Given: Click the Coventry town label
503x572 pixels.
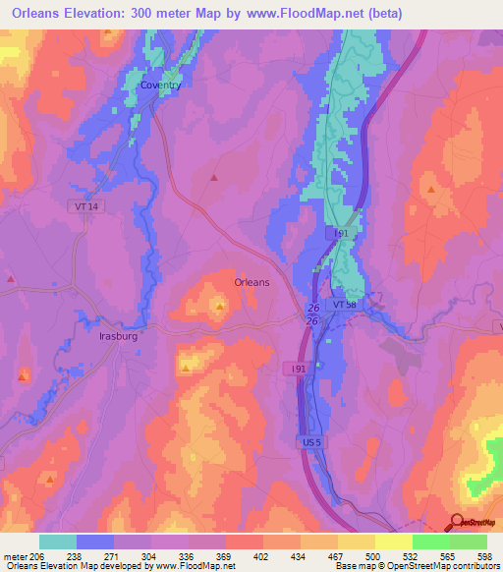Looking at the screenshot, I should pyautogui.click(x=160, y=86).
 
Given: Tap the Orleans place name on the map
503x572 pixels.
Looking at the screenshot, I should pyautogui.click(x=251, y=282).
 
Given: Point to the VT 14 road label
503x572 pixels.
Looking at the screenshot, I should pyautogui.click(x=86, y=206).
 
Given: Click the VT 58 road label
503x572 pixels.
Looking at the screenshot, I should pyautogui.click(x=346, y=306).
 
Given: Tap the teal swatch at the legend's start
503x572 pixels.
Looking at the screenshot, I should pyautogui.click(x=58, y=541).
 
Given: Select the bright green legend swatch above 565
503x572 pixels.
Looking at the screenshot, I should pyautogui.click(x=430, y=541).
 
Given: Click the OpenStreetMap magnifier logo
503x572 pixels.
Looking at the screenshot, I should pyautogui.click(x=457, y=523).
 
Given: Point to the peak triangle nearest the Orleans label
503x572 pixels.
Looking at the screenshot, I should pyautogui.click(x=220, y=307).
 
